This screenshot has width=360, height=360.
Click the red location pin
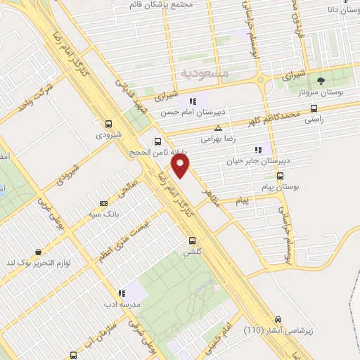181,165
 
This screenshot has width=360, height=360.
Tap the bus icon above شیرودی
108,122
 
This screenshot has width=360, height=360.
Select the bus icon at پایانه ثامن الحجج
159,140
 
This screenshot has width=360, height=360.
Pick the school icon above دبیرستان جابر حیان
257,149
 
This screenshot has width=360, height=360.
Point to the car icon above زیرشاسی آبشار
278,319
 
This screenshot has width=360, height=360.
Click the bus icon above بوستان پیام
281,176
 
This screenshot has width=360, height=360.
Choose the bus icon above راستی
313,108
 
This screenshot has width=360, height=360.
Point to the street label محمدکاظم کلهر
271,117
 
